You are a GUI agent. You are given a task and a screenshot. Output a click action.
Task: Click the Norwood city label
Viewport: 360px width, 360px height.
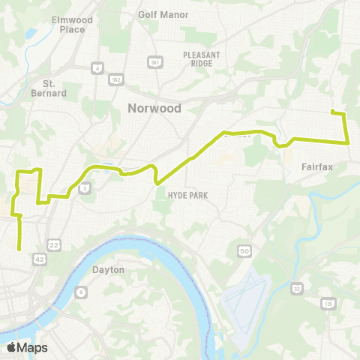click(154, 108)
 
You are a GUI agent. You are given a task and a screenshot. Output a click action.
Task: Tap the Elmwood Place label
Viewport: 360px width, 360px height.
click(67, 25)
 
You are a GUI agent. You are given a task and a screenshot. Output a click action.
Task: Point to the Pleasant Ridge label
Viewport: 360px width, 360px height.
click(198, 58)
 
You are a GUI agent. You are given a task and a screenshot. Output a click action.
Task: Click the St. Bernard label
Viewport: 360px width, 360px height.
click(54, 88)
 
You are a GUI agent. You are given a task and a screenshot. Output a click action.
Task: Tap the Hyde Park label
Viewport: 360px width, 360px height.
click(187, 195)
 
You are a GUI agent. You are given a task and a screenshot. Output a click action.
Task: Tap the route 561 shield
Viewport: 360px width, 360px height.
click(152, 61)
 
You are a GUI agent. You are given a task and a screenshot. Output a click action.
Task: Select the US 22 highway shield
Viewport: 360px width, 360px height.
click(53, 245)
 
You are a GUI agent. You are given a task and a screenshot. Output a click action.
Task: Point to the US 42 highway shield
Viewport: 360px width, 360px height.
click(37, 259)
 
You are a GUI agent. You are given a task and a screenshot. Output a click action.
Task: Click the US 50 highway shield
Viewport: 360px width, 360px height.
click(244, 250)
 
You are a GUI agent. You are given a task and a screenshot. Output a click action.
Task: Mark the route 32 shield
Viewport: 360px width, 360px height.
click(297, 287)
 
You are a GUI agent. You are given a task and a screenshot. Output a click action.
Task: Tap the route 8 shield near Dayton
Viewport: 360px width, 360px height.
click(79, 292)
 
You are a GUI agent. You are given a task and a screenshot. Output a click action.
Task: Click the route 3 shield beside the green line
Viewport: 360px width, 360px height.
click(86, 185)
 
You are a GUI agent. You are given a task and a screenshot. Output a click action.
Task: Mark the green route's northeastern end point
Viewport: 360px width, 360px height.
click(332, 112)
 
